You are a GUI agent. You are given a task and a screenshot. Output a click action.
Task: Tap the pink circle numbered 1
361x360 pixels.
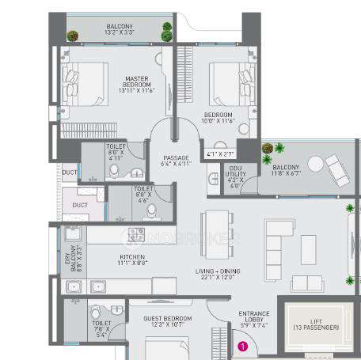(x=244, y=344)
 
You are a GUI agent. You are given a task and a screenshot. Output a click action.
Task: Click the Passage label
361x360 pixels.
(x=177, y=161)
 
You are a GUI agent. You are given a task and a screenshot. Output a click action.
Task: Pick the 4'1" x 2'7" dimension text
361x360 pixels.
(x=218, y=153)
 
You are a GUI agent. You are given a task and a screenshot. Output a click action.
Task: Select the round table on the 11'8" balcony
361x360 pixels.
(x=314, y=164)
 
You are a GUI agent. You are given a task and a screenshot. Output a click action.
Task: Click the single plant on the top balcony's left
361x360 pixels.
(x=73, y=36)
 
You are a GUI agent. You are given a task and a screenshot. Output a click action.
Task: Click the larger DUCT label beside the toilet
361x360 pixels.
(x=80, y=204)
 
